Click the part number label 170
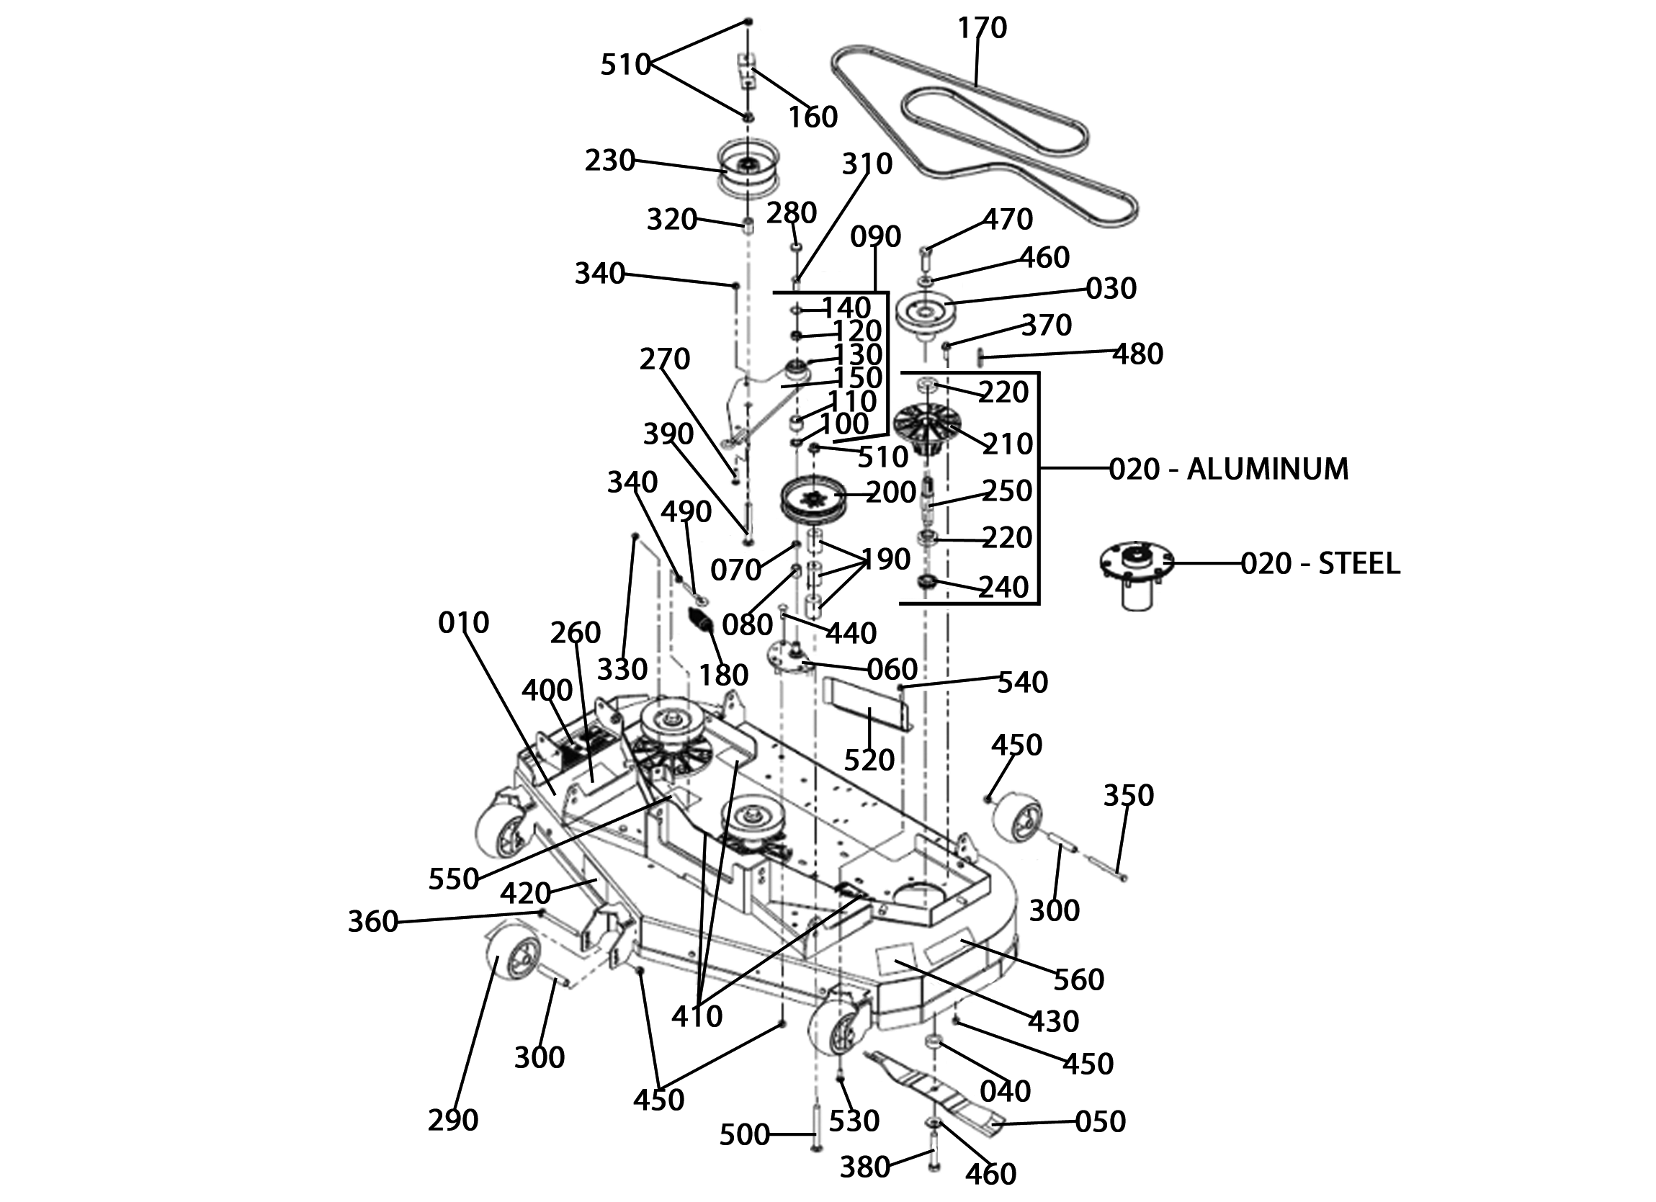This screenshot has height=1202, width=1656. coord(982,28)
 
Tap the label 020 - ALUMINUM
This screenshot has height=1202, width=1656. coord(1228,468)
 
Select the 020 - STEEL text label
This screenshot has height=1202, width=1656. coord(1320,563)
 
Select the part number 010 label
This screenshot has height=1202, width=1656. coord(464,622)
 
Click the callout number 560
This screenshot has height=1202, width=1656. coord(1079,979)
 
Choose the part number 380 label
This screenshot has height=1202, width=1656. coord(864,1167)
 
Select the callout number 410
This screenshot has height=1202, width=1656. coord(697,1015)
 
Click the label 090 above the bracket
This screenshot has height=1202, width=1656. coord(875,237)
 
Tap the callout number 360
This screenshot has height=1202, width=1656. coord(372,922)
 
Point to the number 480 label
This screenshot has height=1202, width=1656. coord(1137,354)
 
